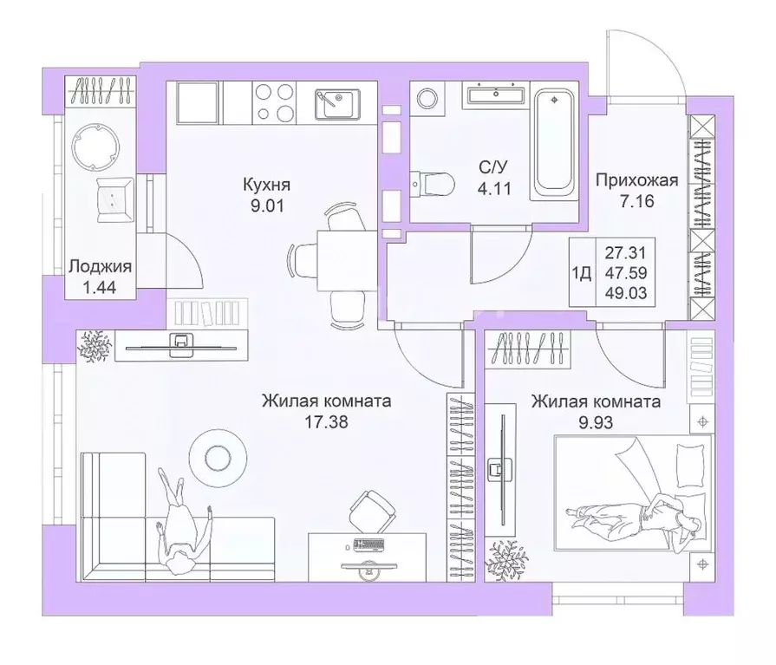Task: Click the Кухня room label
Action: point(265,185)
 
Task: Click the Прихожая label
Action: point(636,181)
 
